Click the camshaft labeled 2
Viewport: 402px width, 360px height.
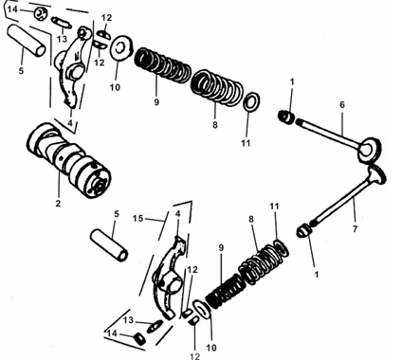(x=68, y=160)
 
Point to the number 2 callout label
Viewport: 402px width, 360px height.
(x=58, y=204)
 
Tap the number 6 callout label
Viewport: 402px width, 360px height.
(x=342, y=105)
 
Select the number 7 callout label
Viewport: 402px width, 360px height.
(x=355, y=229)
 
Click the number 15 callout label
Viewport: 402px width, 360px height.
(x=138, y=219)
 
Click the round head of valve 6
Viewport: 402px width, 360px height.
(x=369, y=150)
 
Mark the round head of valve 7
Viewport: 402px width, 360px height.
(x=377, y=174)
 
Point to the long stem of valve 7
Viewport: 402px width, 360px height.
(x=341, y=201)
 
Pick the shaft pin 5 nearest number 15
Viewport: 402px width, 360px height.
(x=109, y=245)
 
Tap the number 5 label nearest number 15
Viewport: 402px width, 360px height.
(x=117, y=214)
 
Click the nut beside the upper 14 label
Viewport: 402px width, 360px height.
(x=41, y=13)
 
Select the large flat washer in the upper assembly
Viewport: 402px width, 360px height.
(x=121, y=48)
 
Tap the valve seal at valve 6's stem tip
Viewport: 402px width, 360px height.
(x=286, y=117)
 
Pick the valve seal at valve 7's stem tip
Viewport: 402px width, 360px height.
(x=303, y=231)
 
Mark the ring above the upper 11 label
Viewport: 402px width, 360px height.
(x=252, y=101)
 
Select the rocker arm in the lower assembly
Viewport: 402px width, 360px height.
(x=169, y=278)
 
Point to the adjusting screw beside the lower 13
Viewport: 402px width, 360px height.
(x=155, y=326)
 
